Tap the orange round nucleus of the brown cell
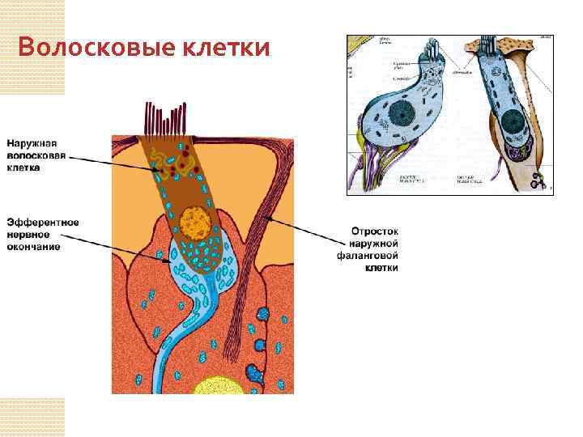196,220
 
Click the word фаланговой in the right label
372,255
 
